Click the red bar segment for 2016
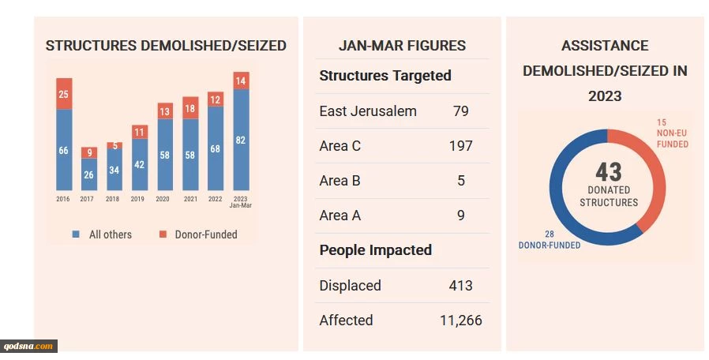(x=64, y=94)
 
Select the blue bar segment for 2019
(x=140, y=164)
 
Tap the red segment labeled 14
(x=241, y=81)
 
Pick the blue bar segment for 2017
(x=88, y=174)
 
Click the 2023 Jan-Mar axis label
(x=241, y=202)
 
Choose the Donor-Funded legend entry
(x=198, y=234)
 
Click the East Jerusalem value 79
(x=461, y=111)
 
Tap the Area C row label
(x=340, y=146)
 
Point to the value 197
(x=460, y=146)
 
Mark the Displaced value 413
(x=461, y=286)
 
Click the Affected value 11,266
(x=461, y=321)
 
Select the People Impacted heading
(x=375, y=250)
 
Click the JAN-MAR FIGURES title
(x=402, y=46)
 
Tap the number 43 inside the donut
(x=609, y=171)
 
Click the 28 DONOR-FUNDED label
(x=550, y=240)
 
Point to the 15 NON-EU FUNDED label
(x=672, y=133)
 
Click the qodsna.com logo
(x=29, y=346)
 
